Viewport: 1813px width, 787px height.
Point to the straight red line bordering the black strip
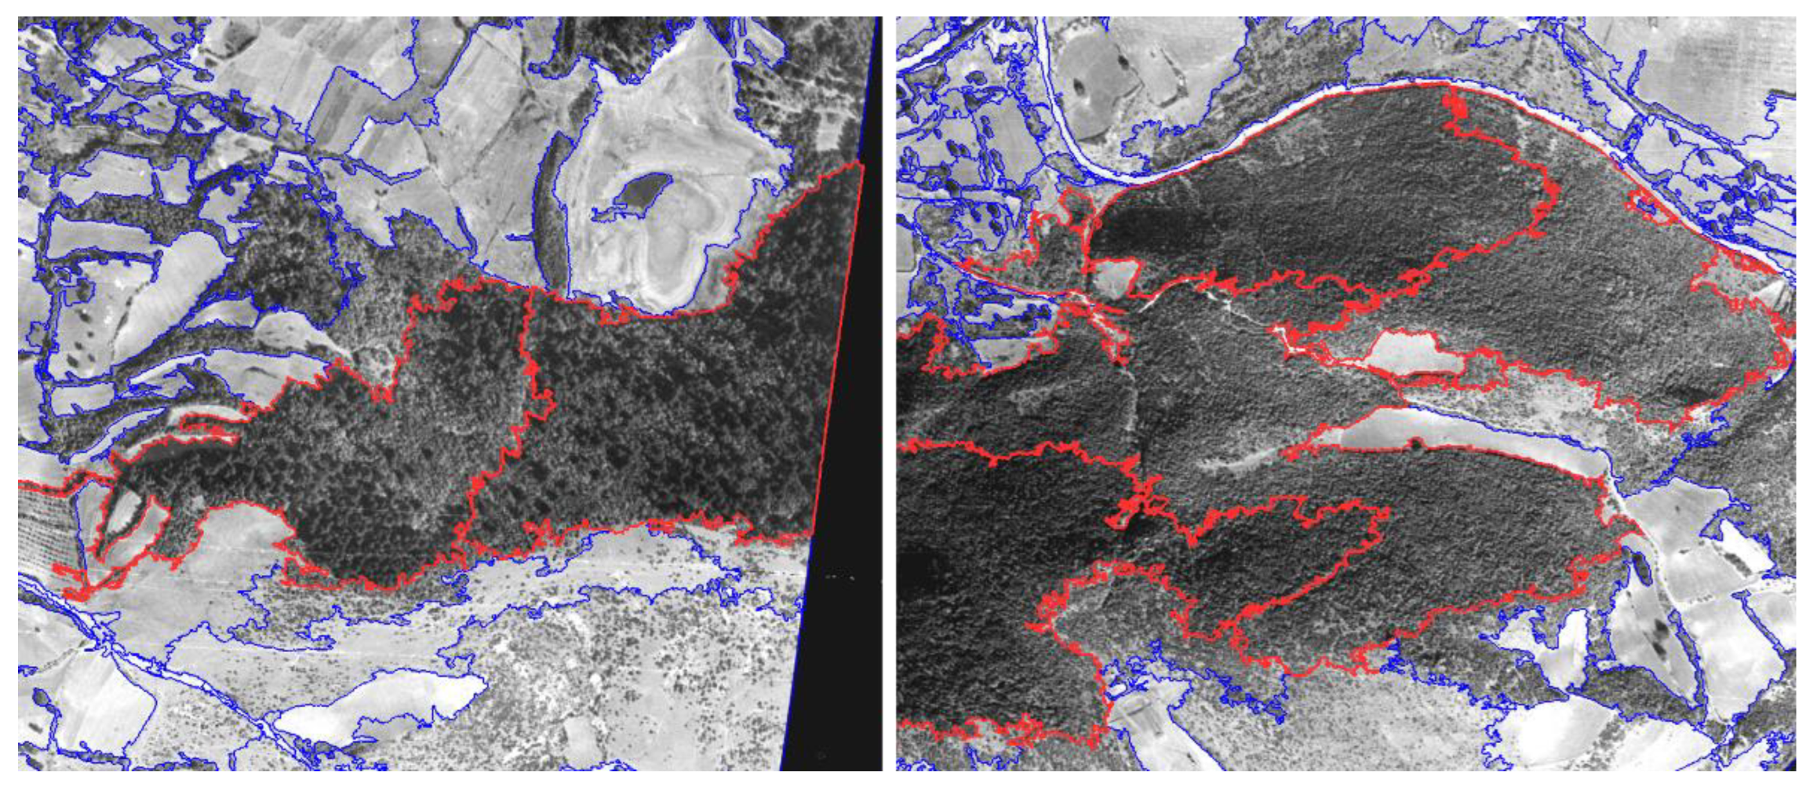point(837,352)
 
